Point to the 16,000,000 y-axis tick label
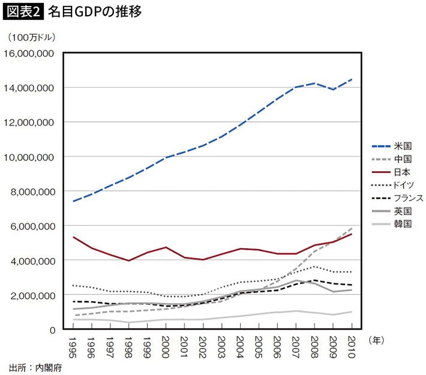[30, 53]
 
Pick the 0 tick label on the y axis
[52, 329]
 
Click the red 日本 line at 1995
[74, 237]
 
